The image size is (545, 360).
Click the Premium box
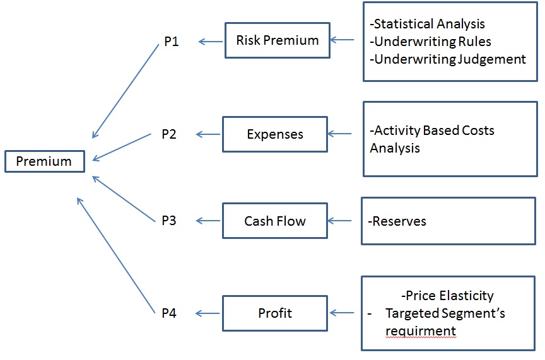(44, 161)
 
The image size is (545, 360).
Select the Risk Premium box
(277, 40)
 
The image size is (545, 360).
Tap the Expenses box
(274, 134)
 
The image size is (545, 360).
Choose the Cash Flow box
(274, 221)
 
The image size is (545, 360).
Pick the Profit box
(274, 313)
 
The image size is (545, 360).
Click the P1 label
(171, 42)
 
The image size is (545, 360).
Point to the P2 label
(168, 134)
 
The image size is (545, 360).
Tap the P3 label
(168, 221)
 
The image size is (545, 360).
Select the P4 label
(168, 313)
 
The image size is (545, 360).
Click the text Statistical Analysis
(429, 24)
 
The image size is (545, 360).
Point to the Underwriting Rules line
(432, 42)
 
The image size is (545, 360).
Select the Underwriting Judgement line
(448, 59)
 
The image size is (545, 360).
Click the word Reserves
(398, 221)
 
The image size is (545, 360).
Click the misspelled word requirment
(420, 331)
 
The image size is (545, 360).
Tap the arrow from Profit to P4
(209, 313)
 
